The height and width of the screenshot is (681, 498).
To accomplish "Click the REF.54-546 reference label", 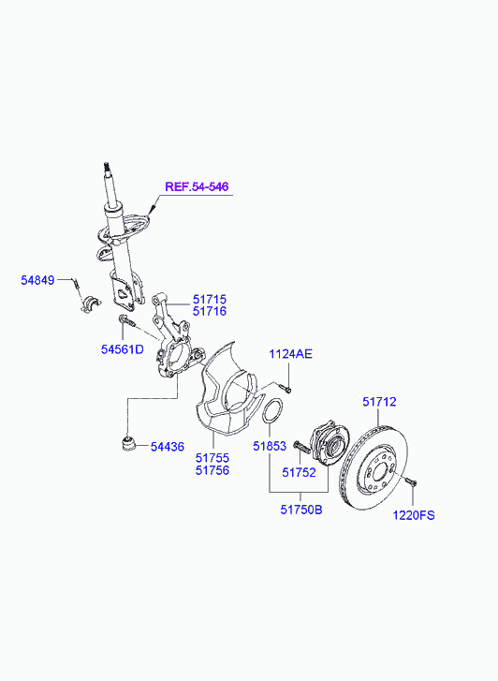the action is tap(197, 186).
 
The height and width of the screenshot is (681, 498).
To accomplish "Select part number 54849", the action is tap(37, 280).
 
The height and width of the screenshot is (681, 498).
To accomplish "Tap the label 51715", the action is tap(210, 299).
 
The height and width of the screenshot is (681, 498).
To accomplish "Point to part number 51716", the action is tap(210, 311).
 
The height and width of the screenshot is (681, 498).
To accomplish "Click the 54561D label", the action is tap(123, 349).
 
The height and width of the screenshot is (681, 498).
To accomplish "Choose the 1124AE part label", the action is tap(290, 354).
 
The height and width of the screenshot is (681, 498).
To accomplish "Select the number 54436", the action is tap(168, 447).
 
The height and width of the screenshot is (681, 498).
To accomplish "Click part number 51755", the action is tap(212, 458).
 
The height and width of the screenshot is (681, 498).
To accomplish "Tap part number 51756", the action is tap(212, 470).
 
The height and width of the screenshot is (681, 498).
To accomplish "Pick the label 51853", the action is tap(270, 446).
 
